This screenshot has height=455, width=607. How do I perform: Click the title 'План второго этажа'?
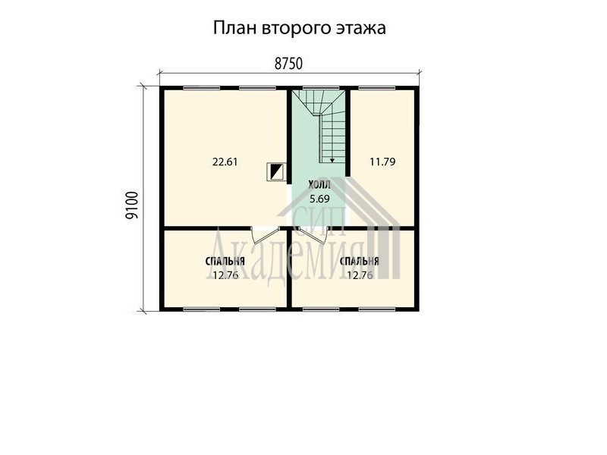tap(299, 28)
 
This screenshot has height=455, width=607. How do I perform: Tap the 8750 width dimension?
tap(288, 64)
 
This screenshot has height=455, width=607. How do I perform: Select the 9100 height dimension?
tap(132, 206)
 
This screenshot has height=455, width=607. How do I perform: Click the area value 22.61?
tap(225, 162)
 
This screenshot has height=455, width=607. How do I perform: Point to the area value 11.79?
tap(382, 162)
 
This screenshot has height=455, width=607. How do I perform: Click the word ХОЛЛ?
tap(319, 185)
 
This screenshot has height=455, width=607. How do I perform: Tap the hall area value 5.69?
tap(319, 199)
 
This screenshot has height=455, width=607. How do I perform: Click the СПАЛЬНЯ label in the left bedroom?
tap(225, 262)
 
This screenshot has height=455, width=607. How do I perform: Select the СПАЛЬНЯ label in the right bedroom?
tap(359, 262)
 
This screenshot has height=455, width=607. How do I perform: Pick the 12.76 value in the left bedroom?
tap(225, 275)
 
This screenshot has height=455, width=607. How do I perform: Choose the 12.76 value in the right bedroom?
tap(360, 275)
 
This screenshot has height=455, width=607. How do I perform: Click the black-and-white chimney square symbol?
tap(275, 171)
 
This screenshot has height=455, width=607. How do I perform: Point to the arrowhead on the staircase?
tap(332, 160)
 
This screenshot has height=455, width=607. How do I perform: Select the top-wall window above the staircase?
tap(320, 88)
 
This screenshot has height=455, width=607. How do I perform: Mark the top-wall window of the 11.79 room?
tap(376, 88)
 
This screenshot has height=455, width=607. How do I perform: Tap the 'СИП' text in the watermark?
tap(318, 220)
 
